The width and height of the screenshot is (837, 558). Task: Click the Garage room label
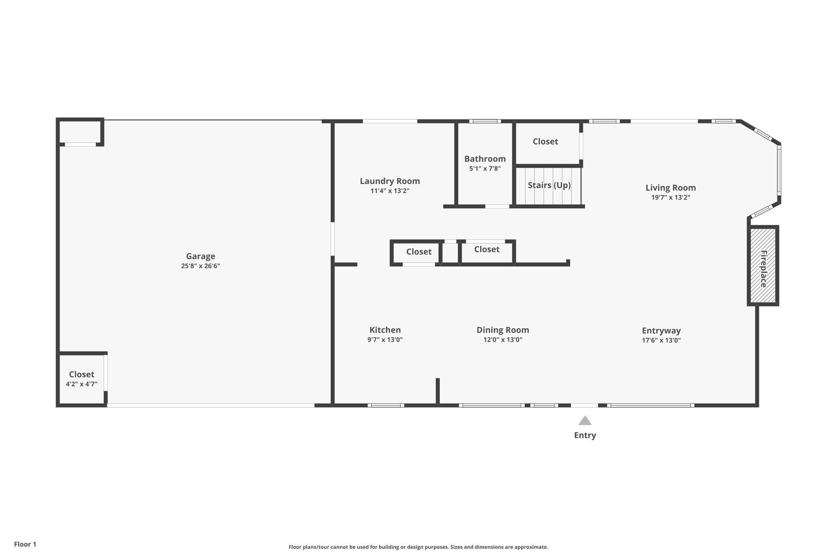coord(200,256)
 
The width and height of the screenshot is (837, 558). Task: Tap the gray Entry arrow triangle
coord(585,421)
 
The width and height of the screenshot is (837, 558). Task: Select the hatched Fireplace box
coord(763,266)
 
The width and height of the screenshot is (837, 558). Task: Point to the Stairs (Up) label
coord(549,185)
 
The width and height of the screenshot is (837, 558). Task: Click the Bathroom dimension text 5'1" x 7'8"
coord(485,168)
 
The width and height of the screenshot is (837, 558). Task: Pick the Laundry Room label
coord(390,181)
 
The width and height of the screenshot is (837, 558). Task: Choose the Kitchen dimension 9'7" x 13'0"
coord(385,340)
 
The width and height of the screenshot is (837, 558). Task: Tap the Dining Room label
coord(503,330)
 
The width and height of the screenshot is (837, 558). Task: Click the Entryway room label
coord(661,331)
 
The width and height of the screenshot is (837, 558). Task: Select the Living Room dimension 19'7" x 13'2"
coord(671,197)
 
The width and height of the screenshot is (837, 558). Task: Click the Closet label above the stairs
coord(545,141)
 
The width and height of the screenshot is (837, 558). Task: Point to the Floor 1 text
coord(25,544)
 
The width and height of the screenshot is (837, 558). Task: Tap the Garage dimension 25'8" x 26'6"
coord(200,266)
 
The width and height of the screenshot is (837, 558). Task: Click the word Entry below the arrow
coord(585,435)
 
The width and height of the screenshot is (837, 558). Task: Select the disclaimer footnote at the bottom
coord(418,547)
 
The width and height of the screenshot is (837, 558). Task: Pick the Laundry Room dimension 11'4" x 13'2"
coord(390,191)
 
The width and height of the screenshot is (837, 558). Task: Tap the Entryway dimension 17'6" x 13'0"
coord(661,340)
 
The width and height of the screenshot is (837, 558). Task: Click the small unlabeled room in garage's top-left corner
coord(80,131)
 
